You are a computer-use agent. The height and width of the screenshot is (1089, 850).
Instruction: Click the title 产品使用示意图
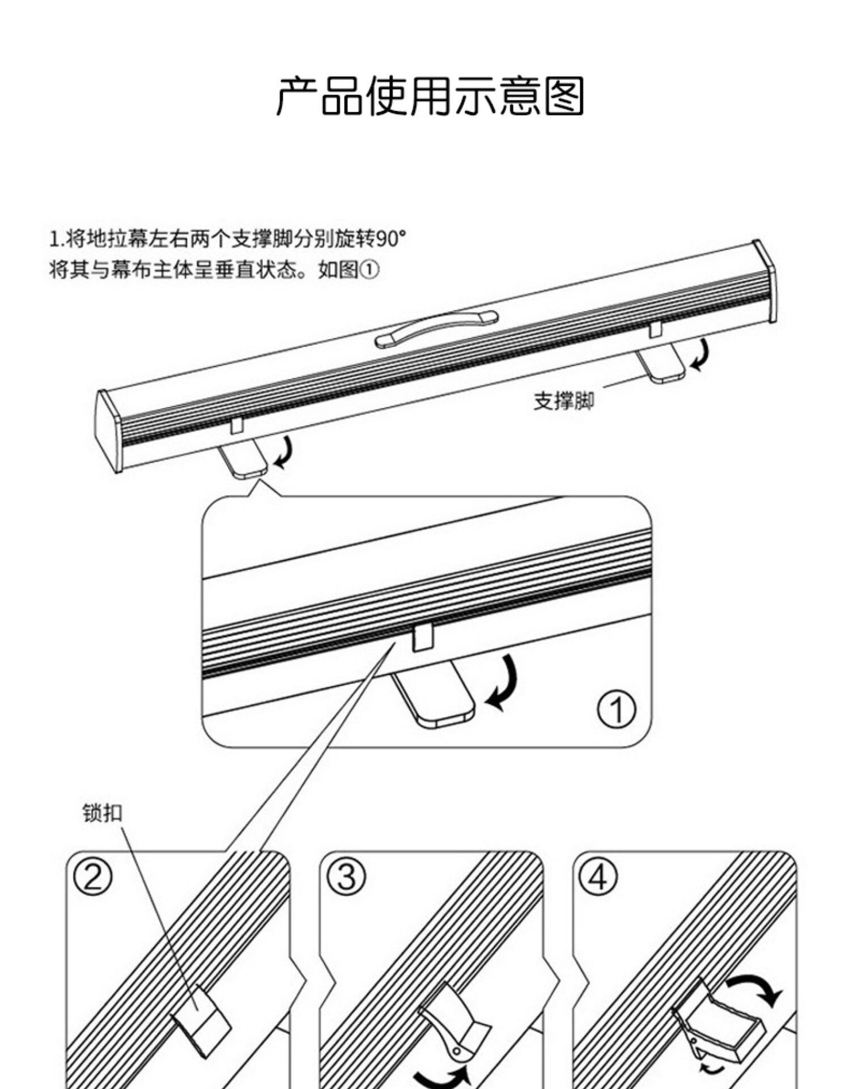(x=430, y=96)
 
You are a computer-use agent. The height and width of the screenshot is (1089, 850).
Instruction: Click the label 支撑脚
(x=563, y=401)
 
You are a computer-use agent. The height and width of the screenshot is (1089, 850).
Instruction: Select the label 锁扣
(x=102, y=813)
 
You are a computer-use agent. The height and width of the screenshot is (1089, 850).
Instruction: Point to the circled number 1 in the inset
(x=617, y=708)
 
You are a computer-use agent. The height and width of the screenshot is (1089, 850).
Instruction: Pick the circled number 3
(x=347, y=877)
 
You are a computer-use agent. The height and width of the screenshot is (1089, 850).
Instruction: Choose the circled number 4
(x=598, y=877)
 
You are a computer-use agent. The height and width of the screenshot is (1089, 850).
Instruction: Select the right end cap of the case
(x=765, y=281)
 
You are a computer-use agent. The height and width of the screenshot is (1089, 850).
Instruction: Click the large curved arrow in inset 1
(x=504, y=683)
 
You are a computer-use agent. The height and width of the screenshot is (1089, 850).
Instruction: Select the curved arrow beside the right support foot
(x=702, y=354)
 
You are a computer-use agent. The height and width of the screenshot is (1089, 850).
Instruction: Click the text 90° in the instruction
(x=391, y=239)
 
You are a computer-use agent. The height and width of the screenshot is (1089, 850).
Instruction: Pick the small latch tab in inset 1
(x=423, y=636)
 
